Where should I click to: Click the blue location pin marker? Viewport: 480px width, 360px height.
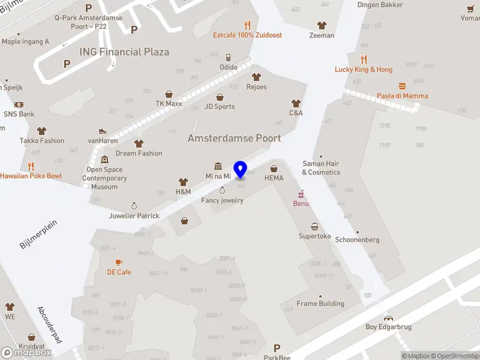click(x=241, y=169)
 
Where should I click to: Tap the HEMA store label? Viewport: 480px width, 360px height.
click(x=274, y=178)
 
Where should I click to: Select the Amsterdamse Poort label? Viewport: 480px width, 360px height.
click(x=234, y=138)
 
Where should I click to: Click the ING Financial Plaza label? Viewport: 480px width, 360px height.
click(x=124, y=52)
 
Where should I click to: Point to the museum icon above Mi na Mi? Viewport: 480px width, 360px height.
click(x=218, y=166)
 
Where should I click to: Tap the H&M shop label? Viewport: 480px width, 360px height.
click(x=183, y=191)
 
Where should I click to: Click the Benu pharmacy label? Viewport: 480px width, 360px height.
click(x=301, y=203)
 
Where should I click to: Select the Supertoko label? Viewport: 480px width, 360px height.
click(x=315, y=236)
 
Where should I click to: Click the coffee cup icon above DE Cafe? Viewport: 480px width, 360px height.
click(x=119, y=262)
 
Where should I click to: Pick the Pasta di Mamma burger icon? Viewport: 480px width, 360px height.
click(x=402, y=86)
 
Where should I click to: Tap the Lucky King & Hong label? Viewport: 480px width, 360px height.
click(x=364, y=70)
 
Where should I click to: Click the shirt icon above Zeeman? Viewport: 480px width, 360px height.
click(x=322, y=25)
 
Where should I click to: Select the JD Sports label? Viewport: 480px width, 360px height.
click(x=220, y=107)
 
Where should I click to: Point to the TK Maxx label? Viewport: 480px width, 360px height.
click(x=169, y=103)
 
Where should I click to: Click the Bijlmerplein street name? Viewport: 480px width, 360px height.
click(x=38, y=234)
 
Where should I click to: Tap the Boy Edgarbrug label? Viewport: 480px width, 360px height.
click(x=388, y=327)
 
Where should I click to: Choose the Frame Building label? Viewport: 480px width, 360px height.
click(x=320, y=304)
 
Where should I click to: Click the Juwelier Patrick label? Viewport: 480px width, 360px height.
click(x=134, y=215)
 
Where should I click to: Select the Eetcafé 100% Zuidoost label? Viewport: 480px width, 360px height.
click(x=247, y=35)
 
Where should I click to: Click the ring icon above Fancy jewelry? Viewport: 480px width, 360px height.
click(x=223, y=190)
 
